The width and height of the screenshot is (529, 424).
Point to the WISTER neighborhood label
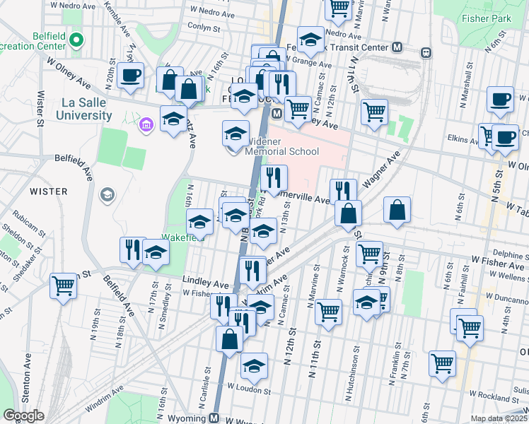49,192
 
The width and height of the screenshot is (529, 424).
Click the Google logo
23,416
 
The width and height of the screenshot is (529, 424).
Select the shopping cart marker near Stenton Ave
64,287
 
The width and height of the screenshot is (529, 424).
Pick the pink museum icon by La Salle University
146,125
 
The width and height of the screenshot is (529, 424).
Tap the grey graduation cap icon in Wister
107,194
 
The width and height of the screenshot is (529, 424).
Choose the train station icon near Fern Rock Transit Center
426,52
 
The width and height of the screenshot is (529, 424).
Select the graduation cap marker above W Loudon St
254,366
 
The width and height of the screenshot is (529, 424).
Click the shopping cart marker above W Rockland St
443,364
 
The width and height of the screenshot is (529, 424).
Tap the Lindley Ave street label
206,283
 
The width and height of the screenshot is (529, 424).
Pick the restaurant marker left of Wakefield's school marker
132,249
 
